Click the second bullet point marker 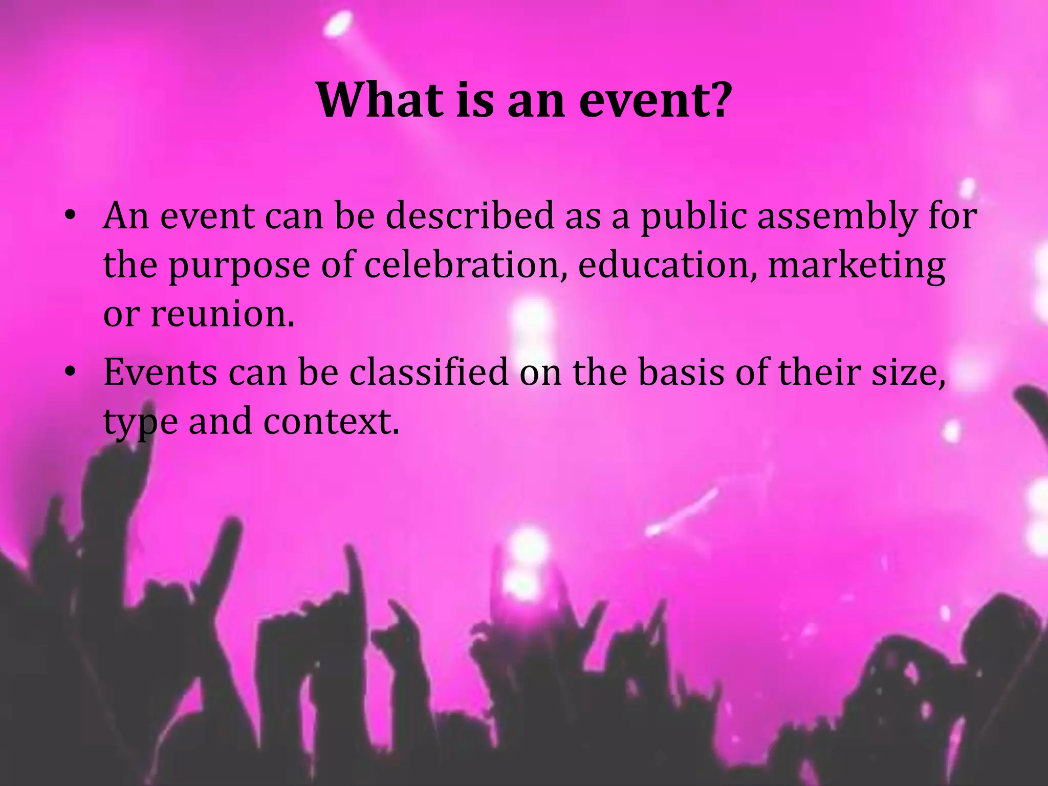(x=70, y=372)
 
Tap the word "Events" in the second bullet (x=160, y=372)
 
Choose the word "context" (x=331, y=421)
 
